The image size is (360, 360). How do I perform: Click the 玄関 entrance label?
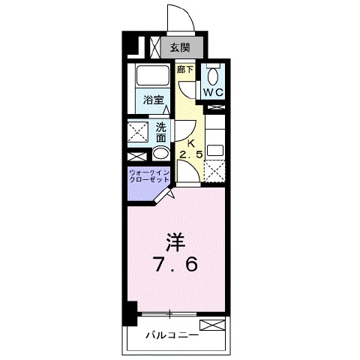pyautogui.click(x=180, y=47)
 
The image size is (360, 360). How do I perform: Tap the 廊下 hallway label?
pyautogui.click(x=185, y=70)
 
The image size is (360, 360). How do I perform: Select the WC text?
pyautogui.click(x=213, y=92)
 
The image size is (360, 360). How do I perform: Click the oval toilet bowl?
pyautogui.click(x=213, y=76)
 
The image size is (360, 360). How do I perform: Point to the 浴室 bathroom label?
pyautogui.click(x=153, y=100)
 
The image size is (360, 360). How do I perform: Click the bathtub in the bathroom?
pyautogui.click(x=152, y=74)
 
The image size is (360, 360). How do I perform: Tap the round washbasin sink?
pyautogui.click(x=160, y=154)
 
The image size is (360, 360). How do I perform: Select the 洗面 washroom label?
pyautogui.click(x=160, y=133)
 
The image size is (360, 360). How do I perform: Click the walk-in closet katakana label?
pyautogui.click(x=149, y=176)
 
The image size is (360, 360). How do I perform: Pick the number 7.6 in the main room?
pyautogui.click(x=175, y=265)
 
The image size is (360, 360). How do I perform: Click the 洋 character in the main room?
pyautogui.click(x=175, y=242)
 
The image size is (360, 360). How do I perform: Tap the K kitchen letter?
pyautogui.click(x=191, y=143)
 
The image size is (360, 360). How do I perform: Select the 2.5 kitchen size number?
pyautogui.click(x=191, y=155)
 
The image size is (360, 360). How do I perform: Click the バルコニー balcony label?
pyautogui.click(x=172, y=334)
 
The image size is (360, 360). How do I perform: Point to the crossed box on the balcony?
pyautogui.click(x=212, y=325)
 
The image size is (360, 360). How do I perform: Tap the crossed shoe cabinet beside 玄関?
pyautogui.click(x=154, y=47)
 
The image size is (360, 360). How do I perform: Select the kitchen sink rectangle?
pyautogui.click(x=215, y=151)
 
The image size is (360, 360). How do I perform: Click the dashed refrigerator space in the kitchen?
pyautogui.click(x=214, y=171)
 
